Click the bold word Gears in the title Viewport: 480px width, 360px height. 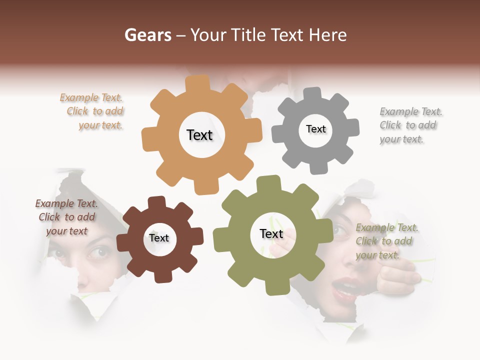147,35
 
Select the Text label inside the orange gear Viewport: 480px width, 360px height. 199,135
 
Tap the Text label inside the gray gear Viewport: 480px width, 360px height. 315,129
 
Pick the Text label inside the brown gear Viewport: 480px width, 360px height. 159,238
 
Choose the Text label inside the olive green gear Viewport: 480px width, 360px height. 271,234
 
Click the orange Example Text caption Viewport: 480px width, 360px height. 92,111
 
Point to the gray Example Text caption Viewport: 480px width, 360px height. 410,125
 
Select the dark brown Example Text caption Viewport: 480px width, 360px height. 66,217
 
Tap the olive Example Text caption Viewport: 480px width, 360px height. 387,241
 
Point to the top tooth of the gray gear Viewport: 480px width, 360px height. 312,93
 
